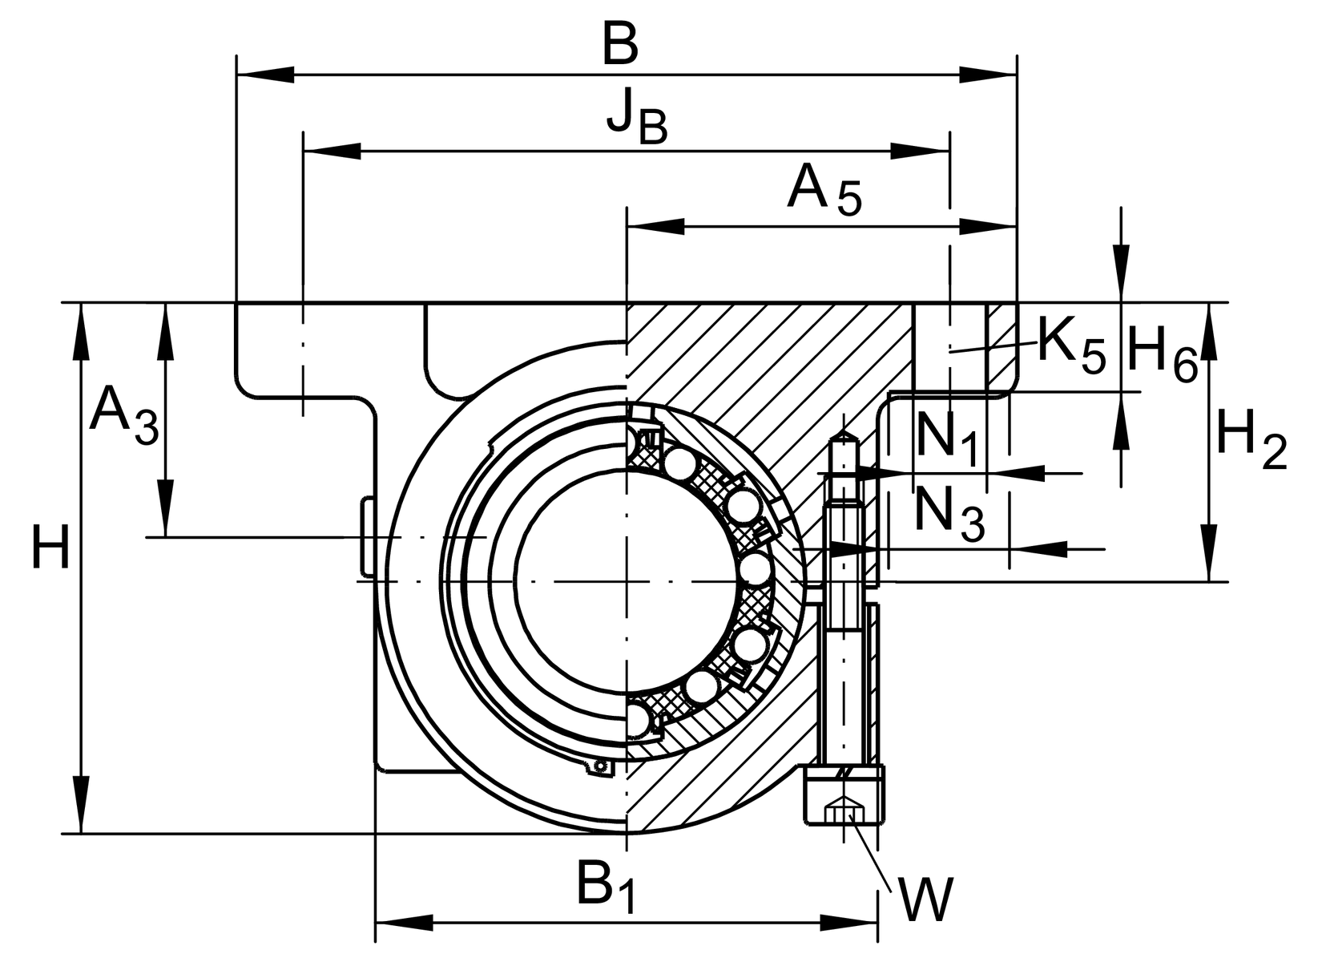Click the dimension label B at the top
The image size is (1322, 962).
(x=621, y=46)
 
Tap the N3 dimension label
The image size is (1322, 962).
(x=949, y=513)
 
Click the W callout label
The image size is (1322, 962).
(x=925, y=899)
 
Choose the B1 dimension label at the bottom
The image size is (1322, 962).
(x=606, y=886)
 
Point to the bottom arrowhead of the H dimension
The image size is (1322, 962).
(x=80, y=806)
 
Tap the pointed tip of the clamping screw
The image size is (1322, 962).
(x=846, y=435)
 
